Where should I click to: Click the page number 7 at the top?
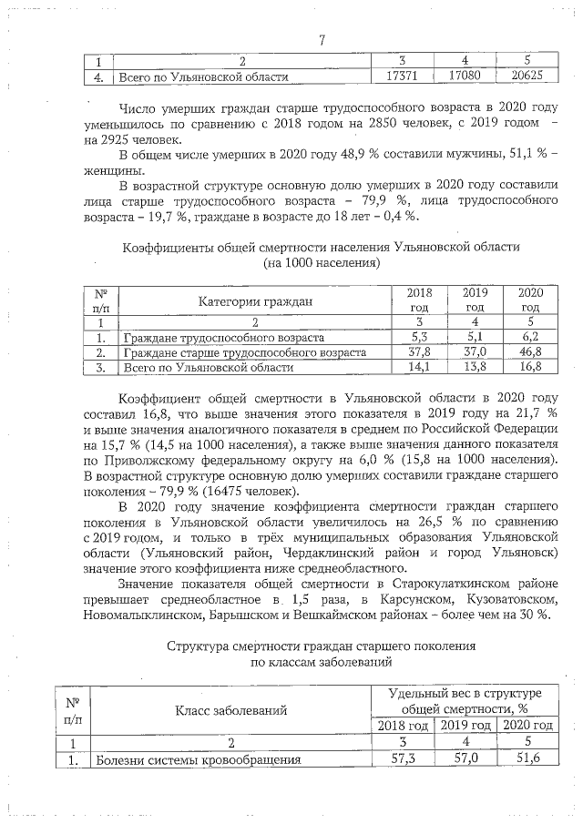(x=322, y=39)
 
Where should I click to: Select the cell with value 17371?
(x=403, y=78)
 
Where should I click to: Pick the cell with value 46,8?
(x=531, y=351)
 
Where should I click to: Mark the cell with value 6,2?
(x=531, y=337)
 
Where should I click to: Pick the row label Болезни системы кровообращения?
(x=199, y=758)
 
